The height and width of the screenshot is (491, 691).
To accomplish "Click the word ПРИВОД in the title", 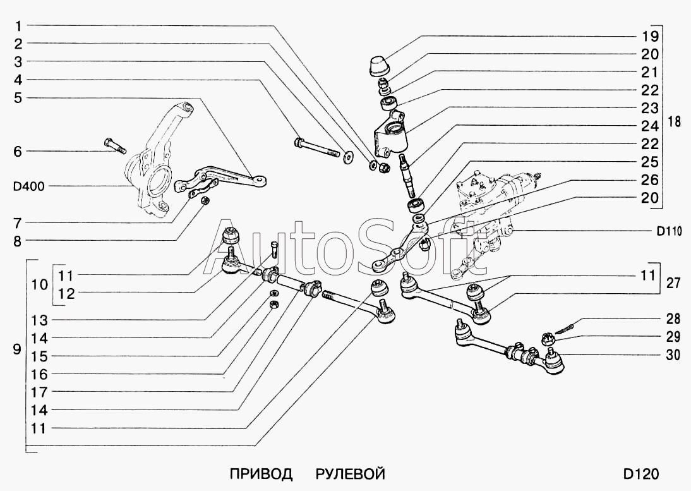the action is coord(261,474).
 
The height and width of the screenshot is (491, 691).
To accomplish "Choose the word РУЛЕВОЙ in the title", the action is coord(351,474).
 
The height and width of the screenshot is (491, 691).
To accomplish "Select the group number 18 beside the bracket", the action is coord(674,122).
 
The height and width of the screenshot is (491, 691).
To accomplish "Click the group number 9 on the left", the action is coord(17,349).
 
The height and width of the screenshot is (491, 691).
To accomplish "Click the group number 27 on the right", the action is coord(673,284).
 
